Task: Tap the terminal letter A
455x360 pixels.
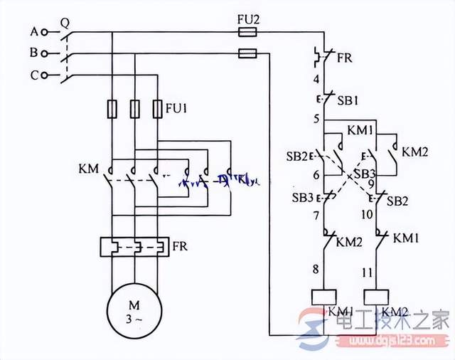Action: click(x=33, y=32)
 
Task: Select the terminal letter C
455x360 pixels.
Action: click(x=33, y=75)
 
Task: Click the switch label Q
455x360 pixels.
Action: click(x=64, y=21)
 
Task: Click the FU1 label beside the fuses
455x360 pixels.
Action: click(x=176, y=109)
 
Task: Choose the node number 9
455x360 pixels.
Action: click(x=371, y=184)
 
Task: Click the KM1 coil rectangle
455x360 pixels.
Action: click(x=325, y=297)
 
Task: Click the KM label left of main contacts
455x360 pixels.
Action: click(x=89, y=169)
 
